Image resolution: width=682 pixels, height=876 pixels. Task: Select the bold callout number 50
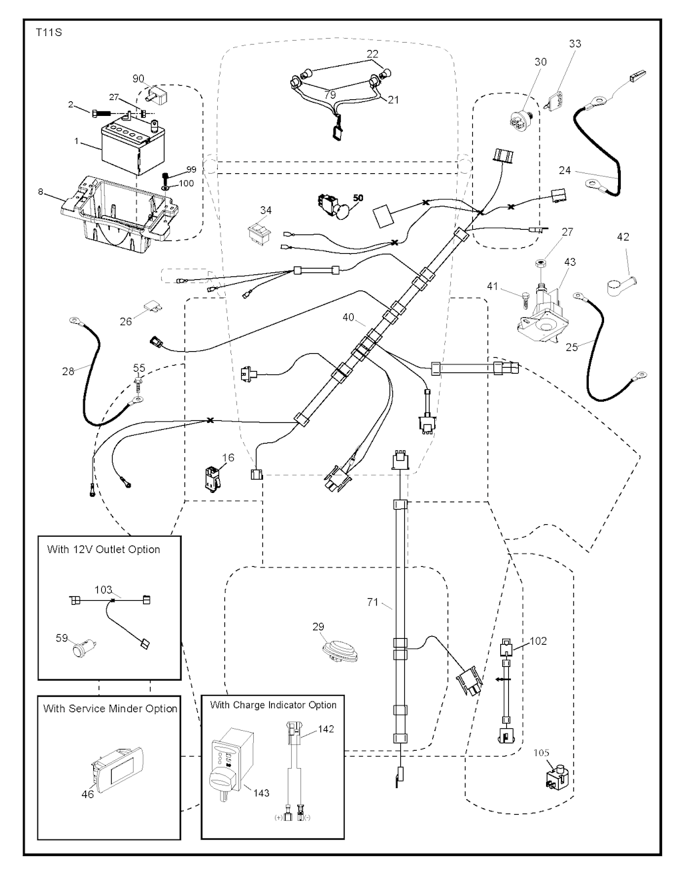click(x=358, y=199)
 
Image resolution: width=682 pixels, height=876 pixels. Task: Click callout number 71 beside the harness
click(x=372, y=602)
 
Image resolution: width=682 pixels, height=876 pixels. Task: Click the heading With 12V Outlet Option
click(x=103, y=550)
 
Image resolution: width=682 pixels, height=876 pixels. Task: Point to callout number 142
click(x=326, y=729)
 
